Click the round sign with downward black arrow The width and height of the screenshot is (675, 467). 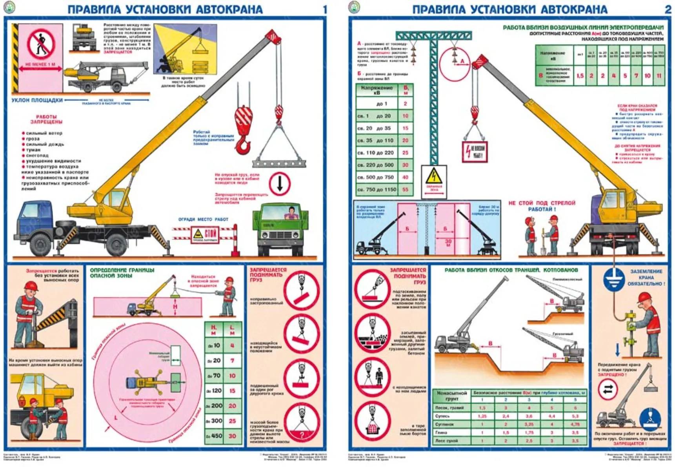[280, 184]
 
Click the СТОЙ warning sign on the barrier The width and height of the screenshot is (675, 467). [205, 235]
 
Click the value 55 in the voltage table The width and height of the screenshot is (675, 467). [405, 190]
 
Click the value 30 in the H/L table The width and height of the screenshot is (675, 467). [232, 436]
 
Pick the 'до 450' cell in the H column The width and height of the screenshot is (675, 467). [214, 436]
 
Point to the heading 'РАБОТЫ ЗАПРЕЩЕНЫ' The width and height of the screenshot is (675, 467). [46, 119]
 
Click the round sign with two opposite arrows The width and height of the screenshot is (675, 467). [608, 389]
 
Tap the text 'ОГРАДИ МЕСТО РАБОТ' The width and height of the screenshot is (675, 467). [203, 219]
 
